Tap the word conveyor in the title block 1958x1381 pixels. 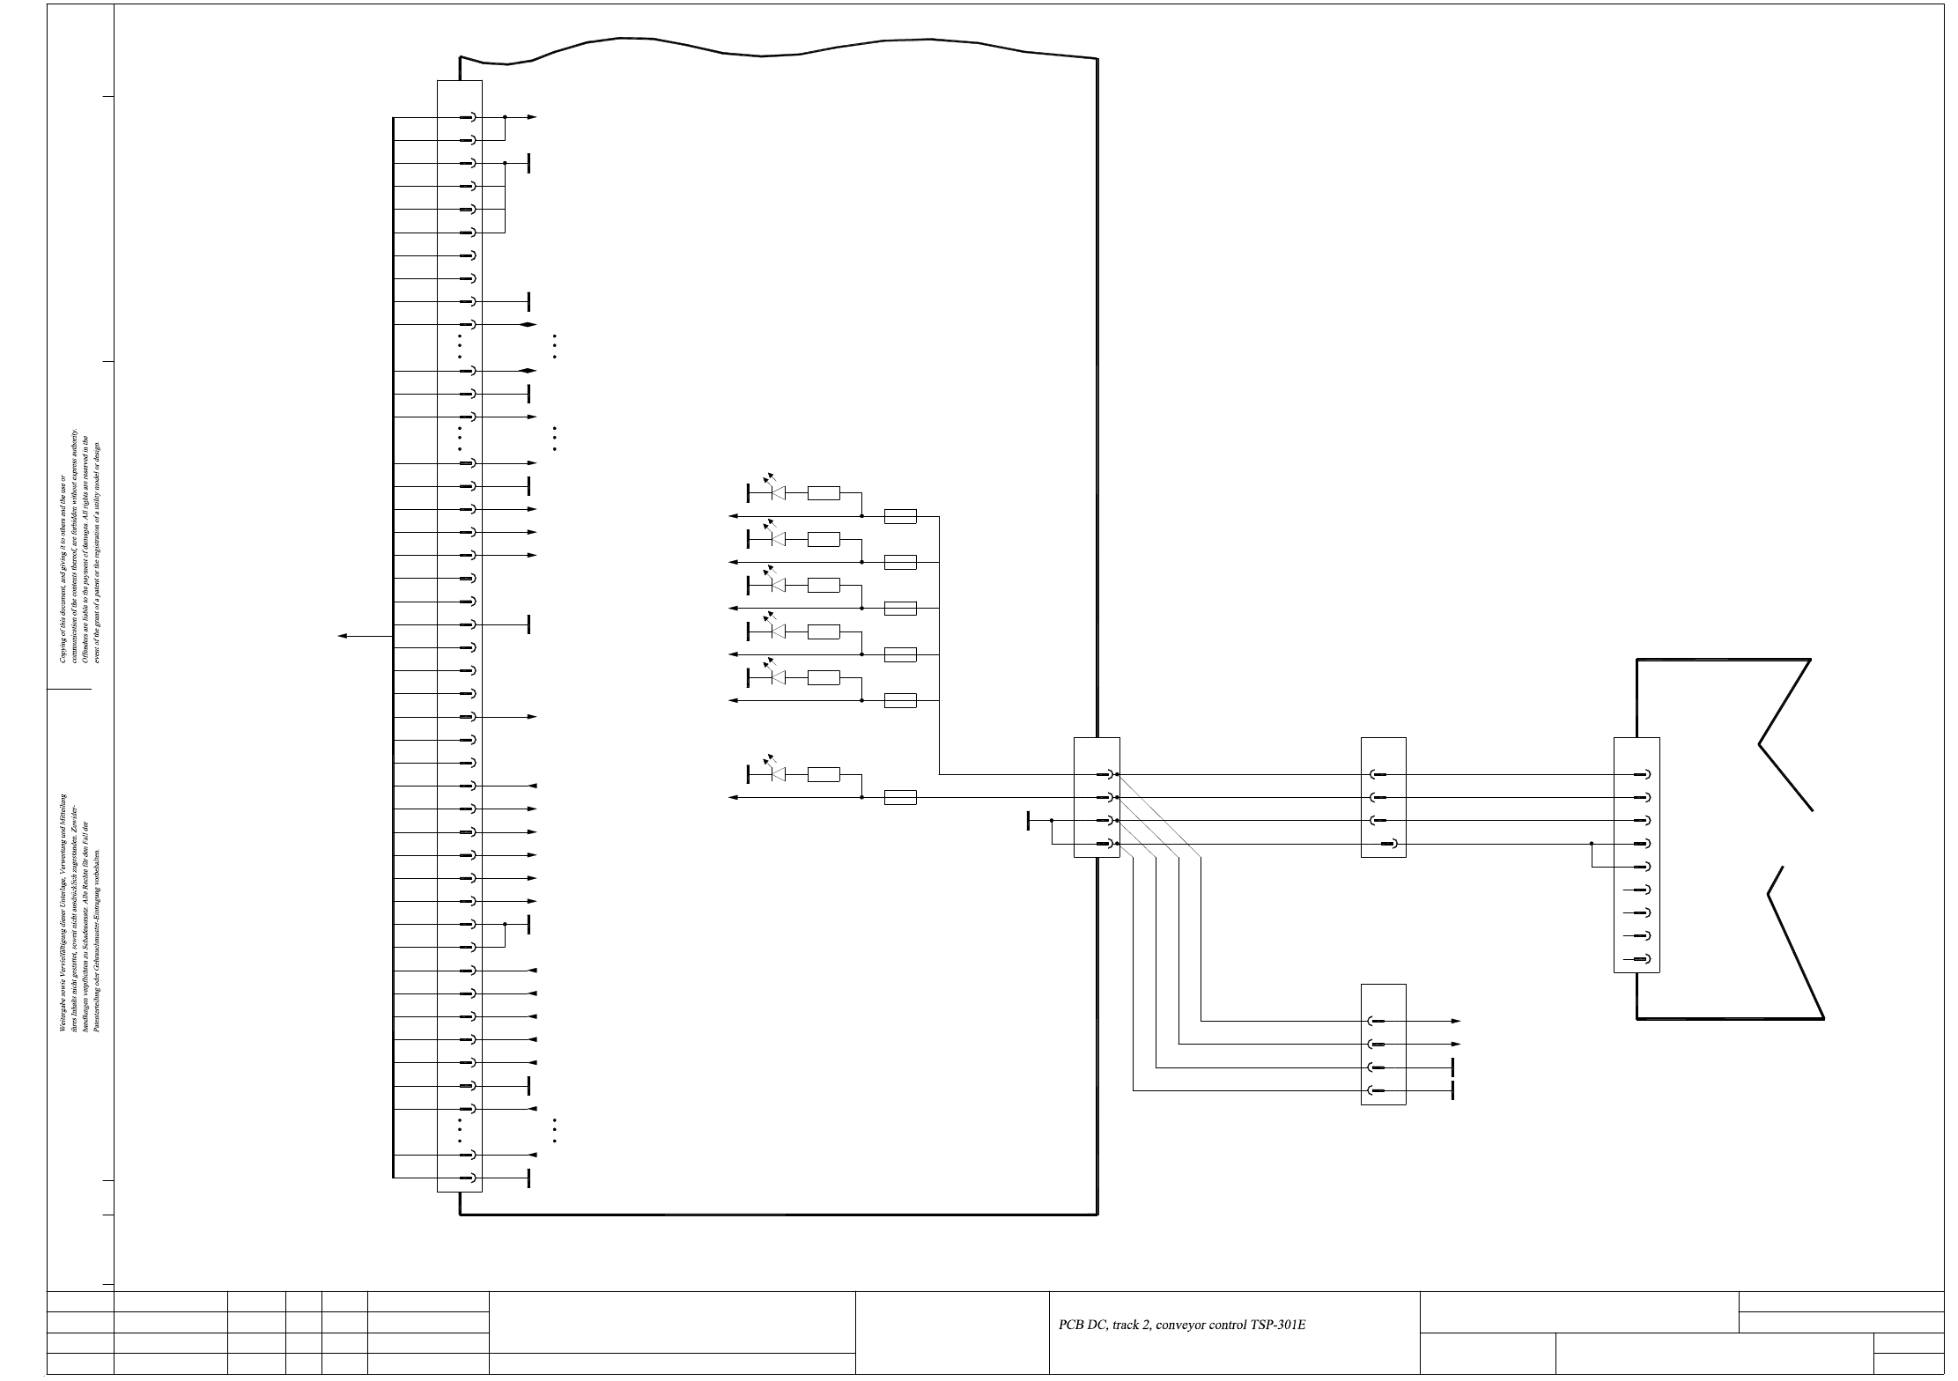pos(1178,1325)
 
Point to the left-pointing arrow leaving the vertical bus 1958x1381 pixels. pos(344,636)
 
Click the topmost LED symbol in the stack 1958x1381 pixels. pos(776,492)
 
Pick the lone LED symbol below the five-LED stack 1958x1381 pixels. pos(776,774)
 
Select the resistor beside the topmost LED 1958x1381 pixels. pos(824,493)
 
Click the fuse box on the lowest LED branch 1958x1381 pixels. pos(900,798)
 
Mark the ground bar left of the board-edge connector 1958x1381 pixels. pos(1028,821)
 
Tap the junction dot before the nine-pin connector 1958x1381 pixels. pos(1592,844)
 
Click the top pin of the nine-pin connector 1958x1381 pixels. pos(1642,775)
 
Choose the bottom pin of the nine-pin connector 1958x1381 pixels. pos(1642,959)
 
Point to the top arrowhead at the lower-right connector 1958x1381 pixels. pos(1455,1021)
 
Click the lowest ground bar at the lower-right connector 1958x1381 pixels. pos(1452,1091)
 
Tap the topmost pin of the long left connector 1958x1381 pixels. pos(469,117)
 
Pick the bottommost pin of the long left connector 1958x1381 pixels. pos(469,1178)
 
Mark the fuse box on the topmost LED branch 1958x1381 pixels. pos(900,516)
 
